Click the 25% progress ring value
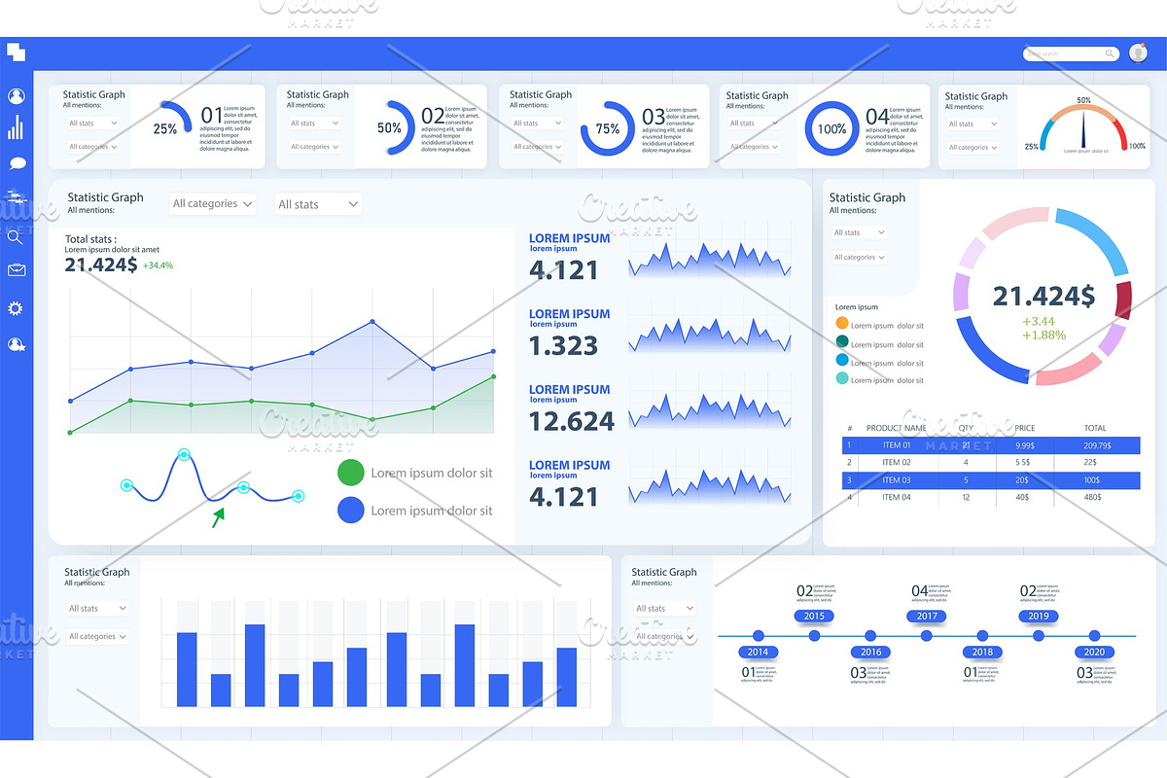click(165, 128)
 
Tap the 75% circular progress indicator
click(607, 128)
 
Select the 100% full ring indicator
click(831, 128)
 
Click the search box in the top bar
click(1070, 54)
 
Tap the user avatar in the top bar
click(1138, 54)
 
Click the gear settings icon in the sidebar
click(16, 308)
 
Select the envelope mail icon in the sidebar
click(16, 270)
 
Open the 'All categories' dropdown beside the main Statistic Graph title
click(212, 204)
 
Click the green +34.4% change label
click(158, 265)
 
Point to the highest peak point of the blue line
click(371, 322)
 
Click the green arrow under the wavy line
click(219, 515)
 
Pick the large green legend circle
click(350, 474)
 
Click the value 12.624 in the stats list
click(571, 421)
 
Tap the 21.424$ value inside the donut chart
click(1043, 297)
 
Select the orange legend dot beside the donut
click(841, 323)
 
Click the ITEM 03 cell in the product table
click(896, 480)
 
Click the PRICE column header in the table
click(1025, 428)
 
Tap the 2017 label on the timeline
click(927, 616)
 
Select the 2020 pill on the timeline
click(1094, 653)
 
